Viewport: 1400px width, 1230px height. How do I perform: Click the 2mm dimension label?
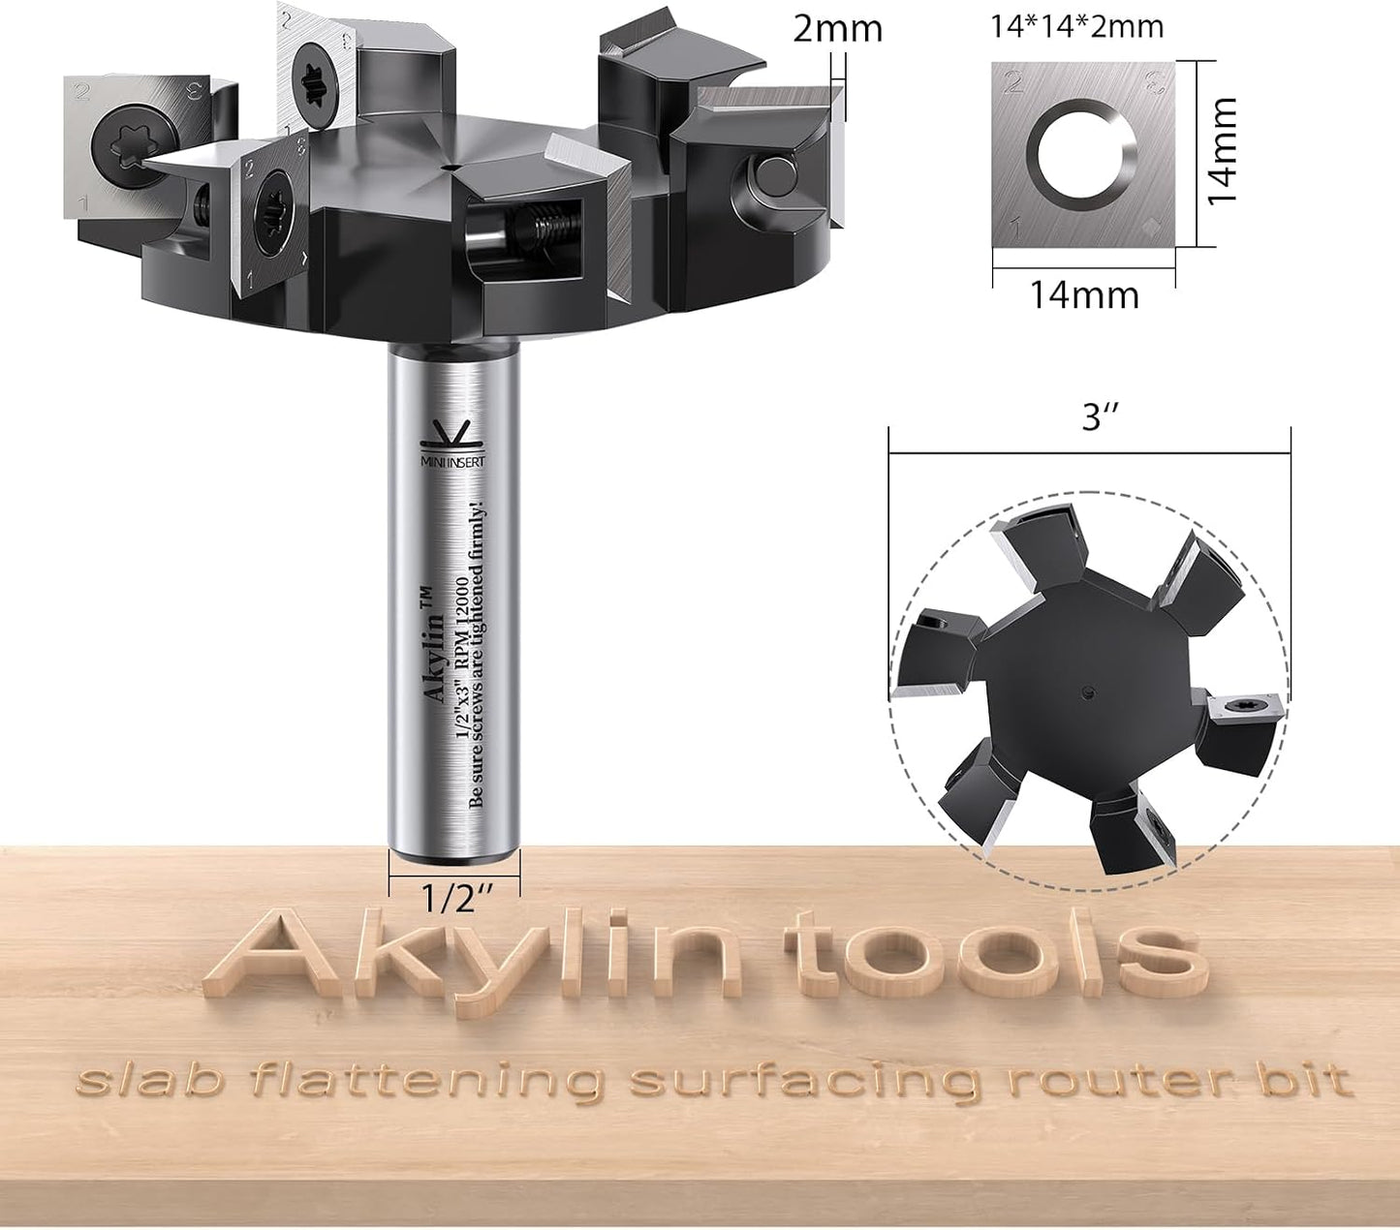click(837, 30)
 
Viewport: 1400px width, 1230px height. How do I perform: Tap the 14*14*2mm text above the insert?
click(1077, 27)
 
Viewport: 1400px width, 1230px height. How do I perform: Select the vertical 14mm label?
click(1222, 151)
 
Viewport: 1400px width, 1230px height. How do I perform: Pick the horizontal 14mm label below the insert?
click(1084, 295)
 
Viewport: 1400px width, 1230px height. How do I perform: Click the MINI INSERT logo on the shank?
click(452, 445)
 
